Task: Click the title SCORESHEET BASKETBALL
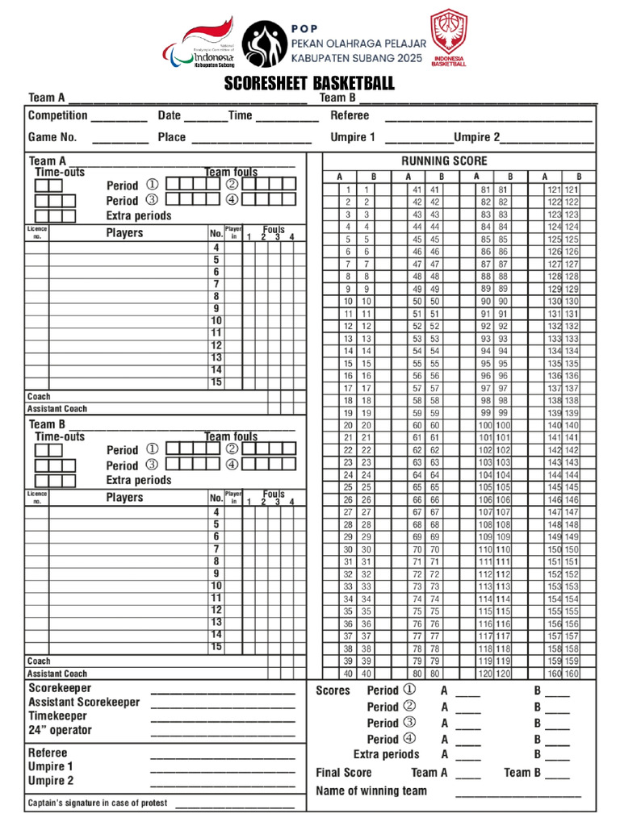coord(309,84)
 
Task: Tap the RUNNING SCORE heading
coord(444,161)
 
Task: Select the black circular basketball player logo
coord(264,44)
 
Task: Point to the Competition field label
coord(57,116)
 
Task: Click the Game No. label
coord(52,137)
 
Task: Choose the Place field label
coord(171,137)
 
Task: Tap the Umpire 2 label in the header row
coord(477,137)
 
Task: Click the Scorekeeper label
coord(60,688)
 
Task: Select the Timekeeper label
coord(57,715)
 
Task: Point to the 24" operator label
coord(60,730)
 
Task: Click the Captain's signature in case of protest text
coord(98,803)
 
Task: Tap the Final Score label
coord(344,773)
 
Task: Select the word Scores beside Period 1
coord(333,690)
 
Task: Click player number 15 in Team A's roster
coord(216,382)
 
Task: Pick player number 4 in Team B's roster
coord(216,512)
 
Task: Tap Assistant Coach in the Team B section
coord(57,674)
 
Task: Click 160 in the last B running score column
coord(572,674)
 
